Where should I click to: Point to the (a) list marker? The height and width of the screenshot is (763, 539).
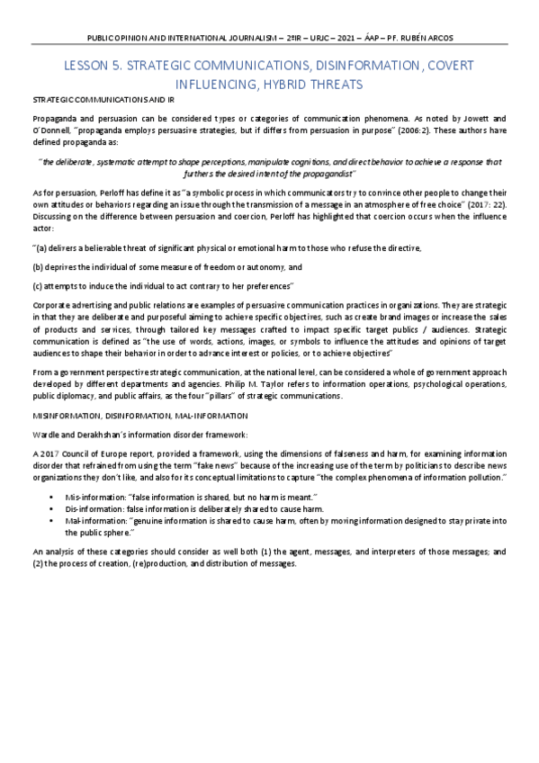click(x=41, y=247)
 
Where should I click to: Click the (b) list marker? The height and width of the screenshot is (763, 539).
click(x=38, y=267)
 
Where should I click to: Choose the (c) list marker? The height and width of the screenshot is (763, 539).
click(x=38, y=286)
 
